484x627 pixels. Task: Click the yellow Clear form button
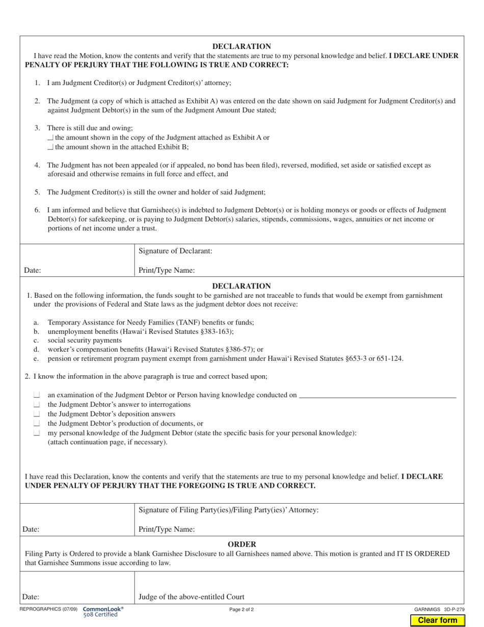[438, 620]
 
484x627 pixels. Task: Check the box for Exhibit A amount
[50, 138]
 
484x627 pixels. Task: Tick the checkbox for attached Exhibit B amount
[50, 147]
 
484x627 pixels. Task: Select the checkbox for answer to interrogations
[37, 404]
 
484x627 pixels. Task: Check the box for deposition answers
[37, 414]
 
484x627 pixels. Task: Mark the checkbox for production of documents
[37, 424]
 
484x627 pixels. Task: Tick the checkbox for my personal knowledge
[37, 433]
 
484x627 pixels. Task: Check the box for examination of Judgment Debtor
[37, 395]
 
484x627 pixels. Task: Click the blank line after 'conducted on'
[377, 395]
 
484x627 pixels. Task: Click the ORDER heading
[241, 544]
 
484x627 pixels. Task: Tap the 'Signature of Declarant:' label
[175, 251]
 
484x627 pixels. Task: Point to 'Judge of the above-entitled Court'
[192, 597]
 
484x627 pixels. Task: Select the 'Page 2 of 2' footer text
[241, 609]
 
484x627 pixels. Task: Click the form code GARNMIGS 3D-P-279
[439, 609]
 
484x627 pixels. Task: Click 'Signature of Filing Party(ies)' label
[229, 510]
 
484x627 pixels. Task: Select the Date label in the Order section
[32, 597]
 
